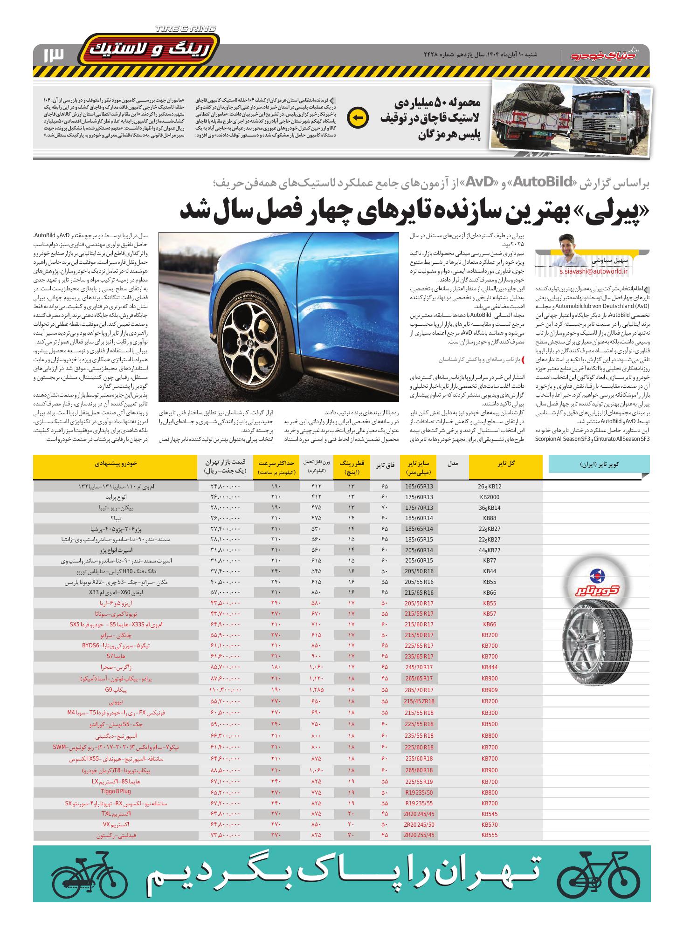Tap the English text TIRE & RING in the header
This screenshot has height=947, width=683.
(x=186, y=29)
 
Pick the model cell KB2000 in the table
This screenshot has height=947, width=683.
(x=490, y=497)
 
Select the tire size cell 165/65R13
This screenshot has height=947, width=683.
(x=420, y=487)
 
